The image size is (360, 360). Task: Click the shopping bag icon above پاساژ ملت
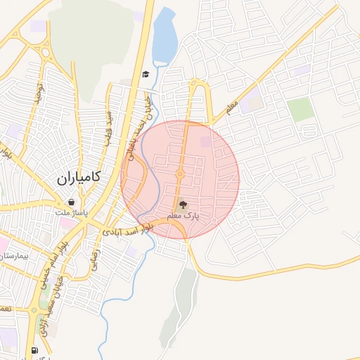72,202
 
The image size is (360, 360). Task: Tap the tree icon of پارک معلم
184,205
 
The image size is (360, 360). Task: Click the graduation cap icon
146,75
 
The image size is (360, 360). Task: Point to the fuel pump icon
34,350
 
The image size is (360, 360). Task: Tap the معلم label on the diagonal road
233,105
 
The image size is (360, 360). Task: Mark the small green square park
300,109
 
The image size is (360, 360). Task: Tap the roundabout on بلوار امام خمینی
34,309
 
